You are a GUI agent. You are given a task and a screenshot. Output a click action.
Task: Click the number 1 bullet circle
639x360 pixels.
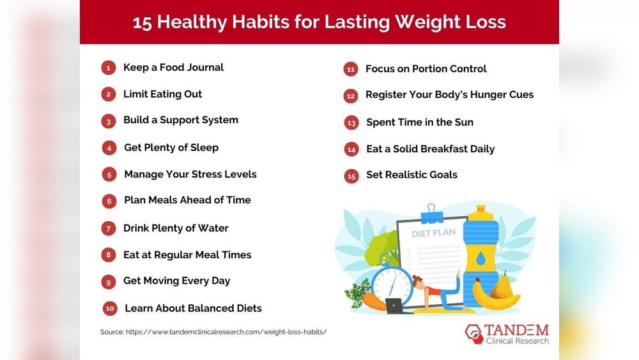(109, 68)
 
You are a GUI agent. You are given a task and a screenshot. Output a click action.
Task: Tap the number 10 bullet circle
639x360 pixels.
(110, 309)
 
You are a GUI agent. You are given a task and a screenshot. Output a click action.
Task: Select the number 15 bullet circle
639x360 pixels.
(351, 176)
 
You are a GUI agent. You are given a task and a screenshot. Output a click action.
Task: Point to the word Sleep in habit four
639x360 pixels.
(204, 148)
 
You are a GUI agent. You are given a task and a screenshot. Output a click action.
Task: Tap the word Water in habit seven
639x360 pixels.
(213, 228)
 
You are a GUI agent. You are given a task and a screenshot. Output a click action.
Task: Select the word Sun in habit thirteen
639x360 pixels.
(464, 122)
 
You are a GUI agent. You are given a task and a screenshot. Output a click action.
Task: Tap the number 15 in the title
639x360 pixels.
(142, 22)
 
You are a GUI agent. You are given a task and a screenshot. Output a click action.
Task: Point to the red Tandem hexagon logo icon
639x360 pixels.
(474, 334)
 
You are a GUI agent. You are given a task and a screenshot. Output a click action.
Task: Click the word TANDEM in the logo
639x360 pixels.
(517, 330)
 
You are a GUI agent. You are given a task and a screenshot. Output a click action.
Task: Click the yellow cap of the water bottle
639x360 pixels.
(481, 212)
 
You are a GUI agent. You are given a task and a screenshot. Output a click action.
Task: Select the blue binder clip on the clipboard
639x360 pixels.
(431, 214)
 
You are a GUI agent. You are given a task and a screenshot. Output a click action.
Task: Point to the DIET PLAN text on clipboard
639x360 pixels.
(434, 233)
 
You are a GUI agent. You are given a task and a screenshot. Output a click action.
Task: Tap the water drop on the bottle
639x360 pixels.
(481, 258)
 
